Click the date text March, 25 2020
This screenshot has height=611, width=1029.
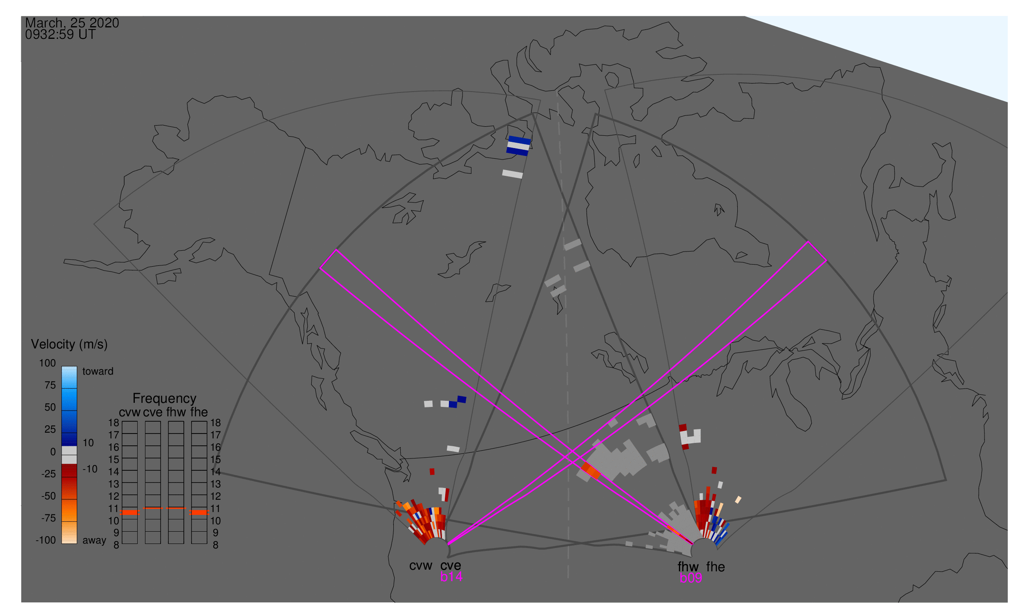[x=72, y=23]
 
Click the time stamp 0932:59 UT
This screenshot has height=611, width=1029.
[x=60, y=35]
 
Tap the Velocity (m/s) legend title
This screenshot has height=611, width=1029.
[x=69, y=345]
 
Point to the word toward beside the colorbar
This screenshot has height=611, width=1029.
[x=98, y=371]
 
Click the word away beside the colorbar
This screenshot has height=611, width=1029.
[x=94, y=541]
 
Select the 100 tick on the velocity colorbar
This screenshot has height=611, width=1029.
[x=47, y=363]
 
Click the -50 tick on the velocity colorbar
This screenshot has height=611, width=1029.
[x=49, y=496]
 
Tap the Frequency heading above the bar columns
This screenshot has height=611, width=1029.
[x=165, y=399]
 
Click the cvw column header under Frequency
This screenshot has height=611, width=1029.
[x=129, y=413]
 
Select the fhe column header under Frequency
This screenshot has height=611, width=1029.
[x=199, y=413]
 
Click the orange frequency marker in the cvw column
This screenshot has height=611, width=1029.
[x=130, y=512]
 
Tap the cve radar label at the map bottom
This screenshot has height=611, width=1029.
[x=451, y=566]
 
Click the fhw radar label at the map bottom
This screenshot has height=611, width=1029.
[x=688, y=567]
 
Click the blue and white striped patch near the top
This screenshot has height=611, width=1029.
[x=519, y=146]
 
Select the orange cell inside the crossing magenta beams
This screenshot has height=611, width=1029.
[x=591, y=471]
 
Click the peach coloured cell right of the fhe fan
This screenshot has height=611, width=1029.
[x=738, y=500]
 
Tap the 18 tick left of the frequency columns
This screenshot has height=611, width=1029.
[x=114, y=423]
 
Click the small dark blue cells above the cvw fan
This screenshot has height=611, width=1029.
[x=458, y=402]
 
